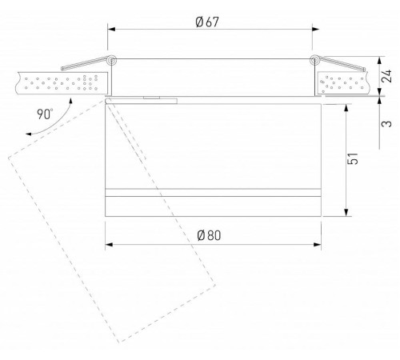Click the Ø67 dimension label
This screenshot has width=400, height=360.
pyautogui.click(x=206, y=22)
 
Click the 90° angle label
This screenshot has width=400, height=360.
pyautogui.click(x=46, y=113)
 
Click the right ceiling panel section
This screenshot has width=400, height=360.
pyautogui.click(x=344, y=83)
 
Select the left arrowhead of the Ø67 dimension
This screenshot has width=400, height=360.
pyautogui.click(x=111, y=30)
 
